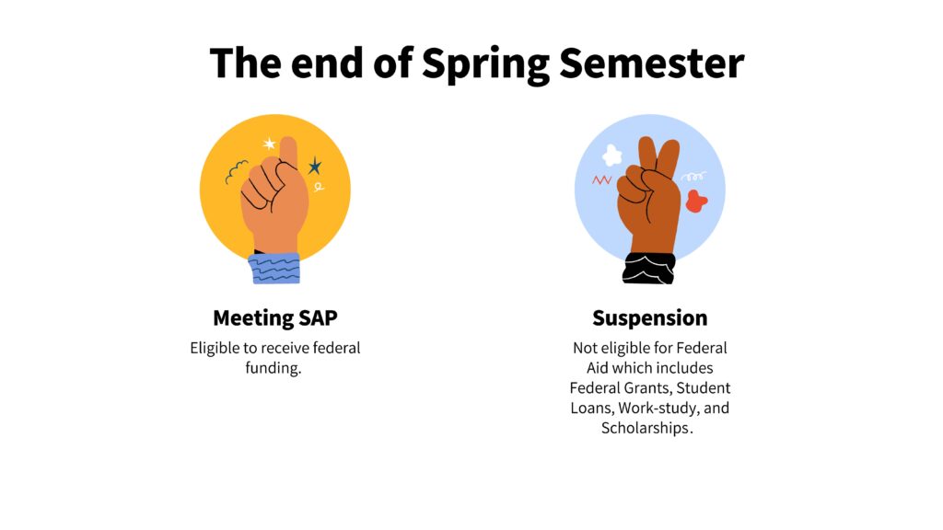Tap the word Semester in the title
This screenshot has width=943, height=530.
[x=652, y=63]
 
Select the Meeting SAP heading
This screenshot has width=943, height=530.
[x=274, y=318]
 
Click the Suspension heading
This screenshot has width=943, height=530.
[x=649, y=318]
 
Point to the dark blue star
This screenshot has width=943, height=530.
[x=315, y=166]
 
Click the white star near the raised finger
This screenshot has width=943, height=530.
[x=269, y=144]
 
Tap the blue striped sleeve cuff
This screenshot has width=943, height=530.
[x=274, y=268]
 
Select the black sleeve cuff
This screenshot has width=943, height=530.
[x=649, y=268]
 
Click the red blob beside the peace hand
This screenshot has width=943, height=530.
[x=696, y=202]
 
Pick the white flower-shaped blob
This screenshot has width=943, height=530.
[x=612, y=156]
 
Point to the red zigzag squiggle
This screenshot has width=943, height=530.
[x=601, y=179]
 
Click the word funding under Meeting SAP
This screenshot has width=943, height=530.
[x=273, y=368]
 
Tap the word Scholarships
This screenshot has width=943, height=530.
[x=646, y=428]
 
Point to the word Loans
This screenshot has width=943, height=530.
[x=592, y=408]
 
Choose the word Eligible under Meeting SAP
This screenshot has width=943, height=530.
[x=215, y=349]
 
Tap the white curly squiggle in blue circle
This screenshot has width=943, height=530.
[x=693, y=177]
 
